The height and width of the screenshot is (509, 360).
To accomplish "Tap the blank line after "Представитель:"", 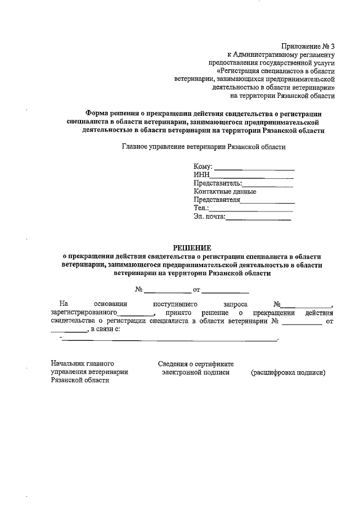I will coord(268,185).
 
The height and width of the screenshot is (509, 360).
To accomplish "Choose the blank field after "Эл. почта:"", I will coord(259,218).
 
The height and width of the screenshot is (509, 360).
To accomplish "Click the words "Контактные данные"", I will coord(225,191).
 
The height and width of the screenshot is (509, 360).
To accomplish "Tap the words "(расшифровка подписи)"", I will coord(288,372).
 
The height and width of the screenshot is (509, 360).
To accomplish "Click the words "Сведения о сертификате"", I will coord(196,364).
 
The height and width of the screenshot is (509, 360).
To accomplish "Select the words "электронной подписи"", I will coord(196,372).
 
